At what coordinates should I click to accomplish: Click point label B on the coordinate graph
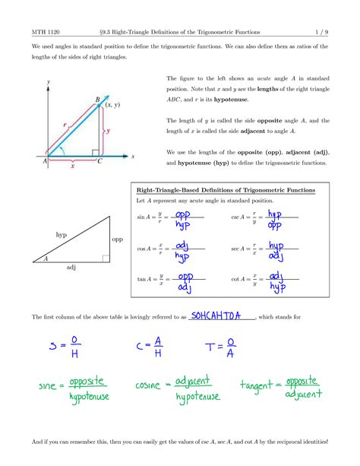coord(97,99)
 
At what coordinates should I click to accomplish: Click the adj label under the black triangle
coord(71,268)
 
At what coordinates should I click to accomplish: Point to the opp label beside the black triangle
coord(117,239)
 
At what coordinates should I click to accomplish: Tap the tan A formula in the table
coord(170,282)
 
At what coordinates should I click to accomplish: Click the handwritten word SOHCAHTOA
coord(219,315)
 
